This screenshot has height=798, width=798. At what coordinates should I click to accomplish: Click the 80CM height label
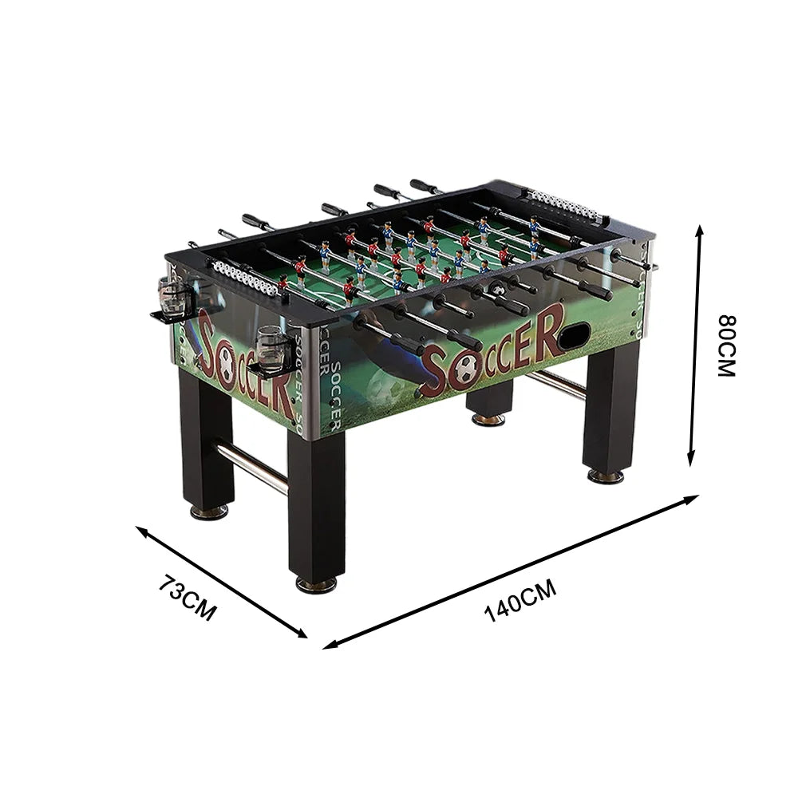(727, 345)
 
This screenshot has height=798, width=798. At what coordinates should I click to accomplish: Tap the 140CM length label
(519, 601)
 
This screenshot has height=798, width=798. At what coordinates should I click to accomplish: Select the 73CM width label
(187, 598)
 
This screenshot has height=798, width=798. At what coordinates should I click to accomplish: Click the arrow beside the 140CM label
(511, 571)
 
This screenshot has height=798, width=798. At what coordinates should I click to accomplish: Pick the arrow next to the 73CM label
(222, 581)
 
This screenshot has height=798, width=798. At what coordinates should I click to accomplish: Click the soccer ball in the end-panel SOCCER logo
(226, 369)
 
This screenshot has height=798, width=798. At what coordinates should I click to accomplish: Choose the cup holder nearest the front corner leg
(271, 354)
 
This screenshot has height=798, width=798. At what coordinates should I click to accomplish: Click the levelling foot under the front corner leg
(316, 584)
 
